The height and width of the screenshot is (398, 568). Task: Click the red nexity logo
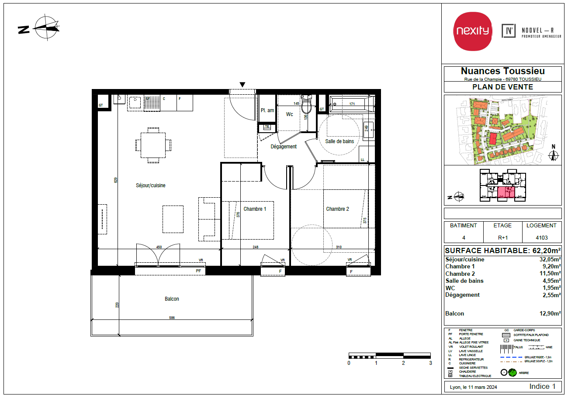[472, 31]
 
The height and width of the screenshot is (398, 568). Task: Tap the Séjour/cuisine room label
[150, 185]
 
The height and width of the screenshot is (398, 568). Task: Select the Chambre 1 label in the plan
[255, 209]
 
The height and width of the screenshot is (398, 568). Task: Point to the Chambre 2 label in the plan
[337, 209]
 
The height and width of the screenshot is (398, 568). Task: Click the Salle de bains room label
[339, 141]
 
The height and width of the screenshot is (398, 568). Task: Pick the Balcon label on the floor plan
[172, 299]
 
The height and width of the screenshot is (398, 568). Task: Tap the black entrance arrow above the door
[242, 85]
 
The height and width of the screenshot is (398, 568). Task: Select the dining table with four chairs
[153, 145]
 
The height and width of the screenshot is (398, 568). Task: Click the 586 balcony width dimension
[172, 318]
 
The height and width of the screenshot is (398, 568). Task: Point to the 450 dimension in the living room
[159, 247]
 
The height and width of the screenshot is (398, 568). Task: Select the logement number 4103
[541, 238]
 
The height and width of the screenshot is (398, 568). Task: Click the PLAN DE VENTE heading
[502, 87]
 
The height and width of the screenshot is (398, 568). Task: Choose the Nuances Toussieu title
[502, 71]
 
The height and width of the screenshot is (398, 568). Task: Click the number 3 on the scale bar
[430, 363]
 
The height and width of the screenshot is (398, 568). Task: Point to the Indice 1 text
[542, 386]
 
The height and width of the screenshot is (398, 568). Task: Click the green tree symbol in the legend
[512, 372]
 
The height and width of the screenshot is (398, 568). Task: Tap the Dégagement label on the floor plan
[284, 147]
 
